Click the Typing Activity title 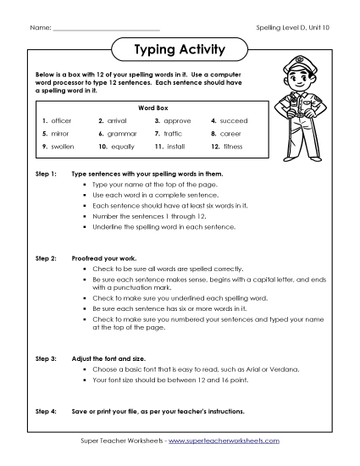click(180, 50)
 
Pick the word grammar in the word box click(123, 134)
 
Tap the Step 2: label click(46, 254)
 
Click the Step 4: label click(46, 411)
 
